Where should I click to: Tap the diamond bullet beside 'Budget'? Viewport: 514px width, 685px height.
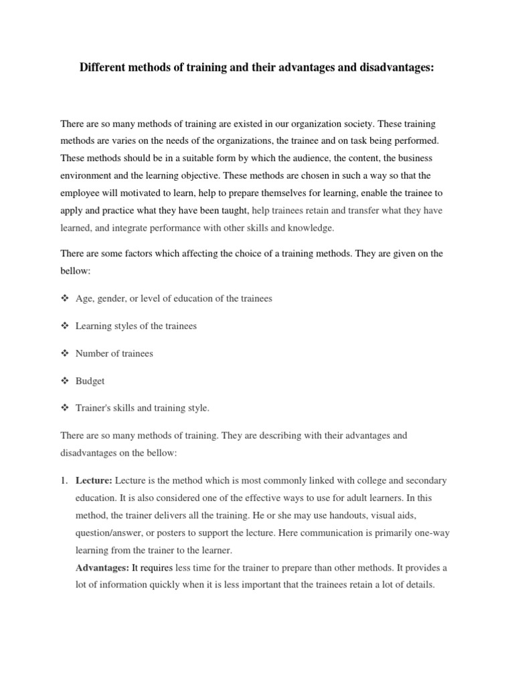point(65,381)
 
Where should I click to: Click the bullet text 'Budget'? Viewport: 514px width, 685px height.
point(90,381)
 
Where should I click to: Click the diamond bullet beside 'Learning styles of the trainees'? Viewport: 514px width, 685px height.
point(65,326)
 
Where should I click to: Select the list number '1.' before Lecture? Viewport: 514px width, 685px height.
point(64,481)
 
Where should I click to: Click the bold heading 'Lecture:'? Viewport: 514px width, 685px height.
point(94,481)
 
